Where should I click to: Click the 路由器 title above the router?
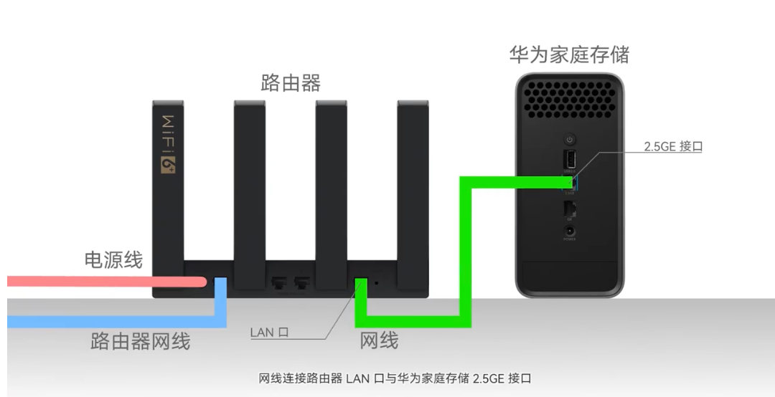[290, 83]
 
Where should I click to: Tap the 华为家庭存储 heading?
[569, 54]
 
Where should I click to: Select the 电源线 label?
[113, 259]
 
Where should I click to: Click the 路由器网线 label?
[140, 341]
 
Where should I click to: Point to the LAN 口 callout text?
[269, 333]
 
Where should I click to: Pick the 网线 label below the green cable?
[379, 340]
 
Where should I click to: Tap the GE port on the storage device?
[570, 208]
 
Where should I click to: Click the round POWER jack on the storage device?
[570, 231]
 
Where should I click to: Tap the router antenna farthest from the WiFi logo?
[413, 186]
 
